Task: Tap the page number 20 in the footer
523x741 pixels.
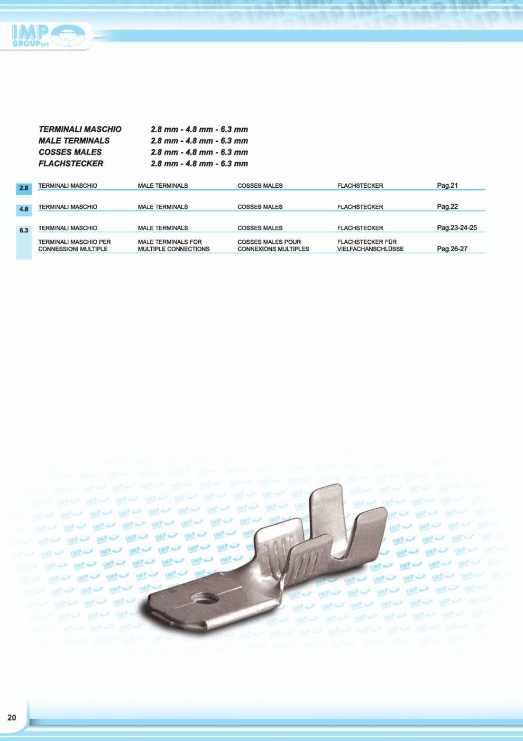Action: [12, 718]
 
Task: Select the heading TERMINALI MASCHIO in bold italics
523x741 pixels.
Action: [80, 130]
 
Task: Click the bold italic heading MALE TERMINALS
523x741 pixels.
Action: [74, 141]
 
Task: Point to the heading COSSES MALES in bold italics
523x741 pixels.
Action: [70, 152]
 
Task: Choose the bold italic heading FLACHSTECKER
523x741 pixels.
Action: [71, 164]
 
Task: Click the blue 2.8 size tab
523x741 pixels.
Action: [24, 188]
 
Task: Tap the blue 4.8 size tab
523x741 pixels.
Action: [24, 209]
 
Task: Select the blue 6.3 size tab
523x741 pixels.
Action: [24, 231]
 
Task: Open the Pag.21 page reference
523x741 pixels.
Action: [447, 185]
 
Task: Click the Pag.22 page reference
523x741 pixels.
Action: [447, 206]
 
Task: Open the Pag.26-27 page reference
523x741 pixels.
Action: [452, 249]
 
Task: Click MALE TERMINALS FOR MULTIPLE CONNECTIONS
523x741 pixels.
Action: [173, 245]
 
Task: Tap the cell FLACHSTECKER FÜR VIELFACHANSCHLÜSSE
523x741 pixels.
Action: [370, 245]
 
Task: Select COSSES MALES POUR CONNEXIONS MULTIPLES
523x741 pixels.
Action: [273, 245]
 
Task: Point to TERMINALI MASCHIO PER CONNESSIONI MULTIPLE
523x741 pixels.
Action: [75, 245]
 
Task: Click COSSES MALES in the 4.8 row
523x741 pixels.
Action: [260, 207]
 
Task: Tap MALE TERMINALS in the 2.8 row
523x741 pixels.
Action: [163, 186]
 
